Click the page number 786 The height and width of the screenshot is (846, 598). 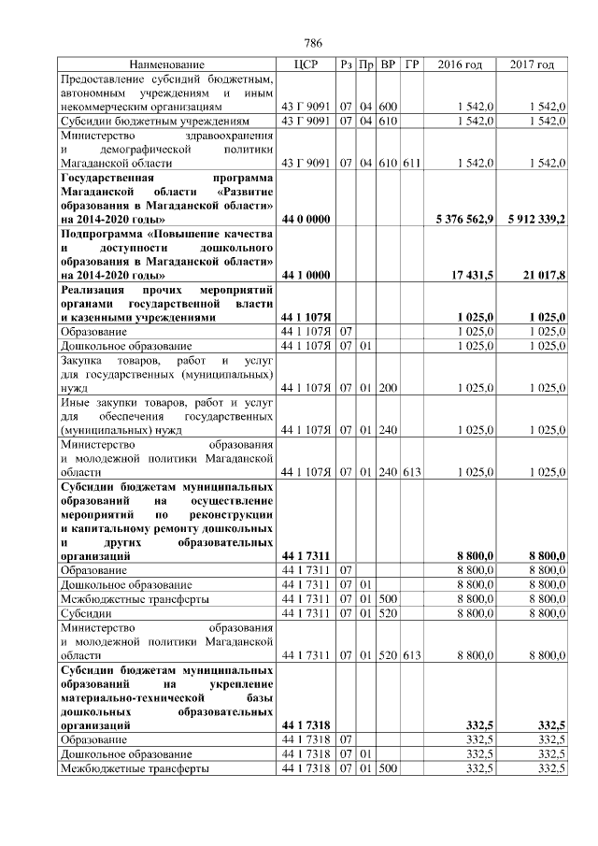pos(313,44)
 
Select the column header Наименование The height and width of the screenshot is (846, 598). pos(166,65)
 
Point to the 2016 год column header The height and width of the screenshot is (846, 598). pos(460,65)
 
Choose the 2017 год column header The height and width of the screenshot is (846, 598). pos(532,65)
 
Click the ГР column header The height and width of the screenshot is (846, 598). pos(412,65)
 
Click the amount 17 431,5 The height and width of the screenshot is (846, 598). pos(472,275)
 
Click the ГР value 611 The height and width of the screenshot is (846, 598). pos(412,163)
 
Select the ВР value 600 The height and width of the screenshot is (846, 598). pos(389,107)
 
